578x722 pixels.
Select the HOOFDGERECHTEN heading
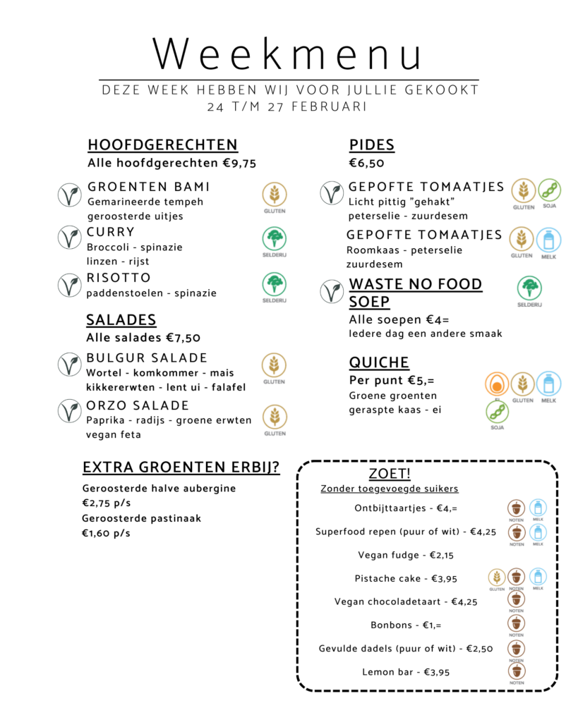click(162, 145)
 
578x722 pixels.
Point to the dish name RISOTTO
click(119, 277)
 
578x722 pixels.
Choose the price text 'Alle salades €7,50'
click(143, 338)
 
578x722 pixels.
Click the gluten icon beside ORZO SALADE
click(275, 417)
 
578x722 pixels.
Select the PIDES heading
click(371, 145)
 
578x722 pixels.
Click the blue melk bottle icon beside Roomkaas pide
click(548, 240)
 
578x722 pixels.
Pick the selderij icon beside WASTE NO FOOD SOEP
click(529, 288)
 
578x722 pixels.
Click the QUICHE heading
click(379, 362)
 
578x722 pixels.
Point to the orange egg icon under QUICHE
click(497, 384)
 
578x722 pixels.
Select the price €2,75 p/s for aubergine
click(107, 503)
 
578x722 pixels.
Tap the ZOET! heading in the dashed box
click(390, 473)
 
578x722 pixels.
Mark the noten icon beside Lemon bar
click(517, 670)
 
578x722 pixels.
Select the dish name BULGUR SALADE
click(147, 358)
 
